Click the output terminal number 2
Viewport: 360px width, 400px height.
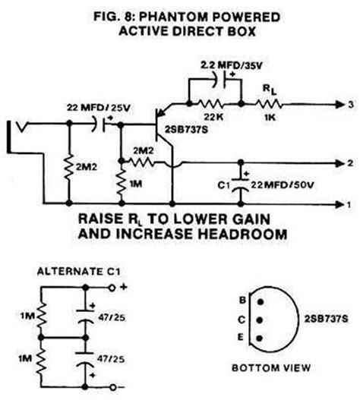click(x=348, y=162)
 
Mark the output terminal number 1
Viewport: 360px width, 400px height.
click(x=348, y=203)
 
